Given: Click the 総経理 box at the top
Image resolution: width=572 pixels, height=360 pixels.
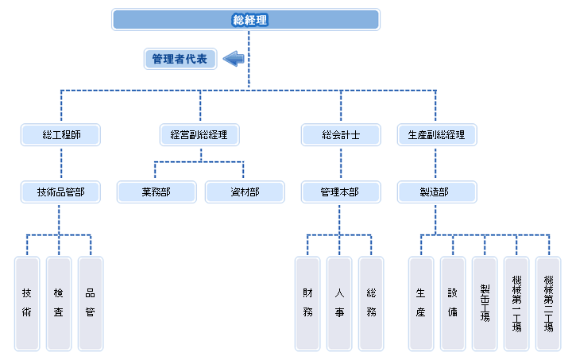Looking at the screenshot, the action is tap(245, 20).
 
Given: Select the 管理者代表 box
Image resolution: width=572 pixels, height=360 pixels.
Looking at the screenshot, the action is tap(180, 59).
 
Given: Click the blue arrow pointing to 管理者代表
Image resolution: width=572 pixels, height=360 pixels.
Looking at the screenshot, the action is tap(234, 59).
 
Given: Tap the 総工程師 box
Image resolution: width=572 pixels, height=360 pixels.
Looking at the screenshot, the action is tap(60, 135).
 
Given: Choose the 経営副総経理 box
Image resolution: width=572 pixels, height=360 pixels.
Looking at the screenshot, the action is tap(199, 135).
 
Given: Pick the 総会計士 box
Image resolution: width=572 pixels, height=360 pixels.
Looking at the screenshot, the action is tap(341, 135).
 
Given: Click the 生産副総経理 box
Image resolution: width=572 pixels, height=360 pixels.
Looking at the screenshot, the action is tap(437, 135).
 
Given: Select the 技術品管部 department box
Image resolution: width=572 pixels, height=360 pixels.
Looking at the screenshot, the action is tap(60, 192).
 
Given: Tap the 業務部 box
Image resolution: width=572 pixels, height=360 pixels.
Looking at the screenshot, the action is tap(157, 192).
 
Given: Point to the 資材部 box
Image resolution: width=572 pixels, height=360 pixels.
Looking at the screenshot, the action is tap(245, 192).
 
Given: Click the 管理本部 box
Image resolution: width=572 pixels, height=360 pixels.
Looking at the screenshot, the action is tap(341, 192).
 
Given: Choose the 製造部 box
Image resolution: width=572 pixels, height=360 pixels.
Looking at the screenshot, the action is tap(437, 192).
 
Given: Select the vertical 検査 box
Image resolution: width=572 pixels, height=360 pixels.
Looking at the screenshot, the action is tap(59, 304).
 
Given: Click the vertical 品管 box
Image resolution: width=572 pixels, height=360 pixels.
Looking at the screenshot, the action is tap(91, 304).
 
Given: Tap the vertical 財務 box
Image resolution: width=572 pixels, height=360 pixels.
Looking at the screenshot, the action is tap(307, 304).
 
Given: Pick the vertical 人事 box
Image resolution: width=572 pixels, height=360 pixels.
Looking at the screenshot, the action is tap(339, 304).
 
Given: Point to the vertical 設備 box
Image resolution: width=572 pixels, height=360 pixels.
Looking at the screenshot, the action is tap(453, 304).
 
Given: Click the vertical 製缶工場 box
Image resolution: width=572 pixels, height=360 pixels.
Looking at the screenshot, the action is tap(485, 304).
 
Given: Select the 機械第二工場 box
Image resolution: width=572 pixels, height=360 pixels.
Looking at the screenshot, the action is tap(548, 304).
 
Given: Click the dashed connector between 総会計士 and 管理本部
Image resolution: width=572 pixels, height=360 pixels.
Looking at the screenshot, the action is tap(341, 164).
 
